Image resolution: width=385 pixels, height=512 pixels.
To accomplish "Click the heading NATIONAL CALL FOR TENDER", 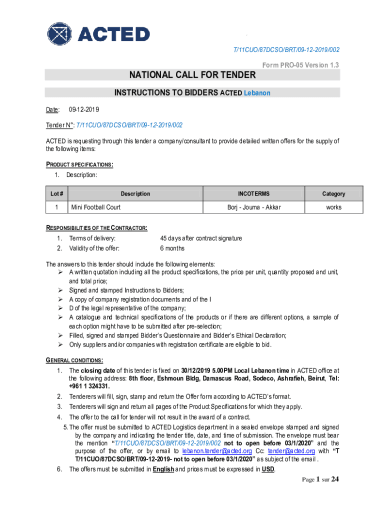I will pyautogui.click(x=192, y=75).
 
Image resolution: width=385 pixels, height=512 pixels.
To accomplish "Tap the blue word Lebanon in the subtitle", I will pyautogui.click(x=257, y=93).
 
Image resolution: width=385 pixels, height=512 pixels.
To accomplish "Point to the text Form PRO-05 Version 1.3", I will pyautogui.click(x=300, y=65).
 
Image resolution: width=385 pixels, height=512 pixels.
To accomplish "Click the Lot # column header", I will pyautogui.click(x=57, y=194).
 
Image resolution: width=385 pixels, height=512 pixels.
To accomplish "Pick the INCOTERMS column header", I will pyautogui.click(x=253, y=194).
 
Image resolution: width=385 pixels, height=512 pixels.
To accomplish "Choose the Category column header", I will pyautogui.click(x=333, y=194).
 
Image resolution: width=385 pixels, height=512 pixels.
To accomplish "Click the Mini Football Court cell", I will pyautogui.click(x=95, y=207).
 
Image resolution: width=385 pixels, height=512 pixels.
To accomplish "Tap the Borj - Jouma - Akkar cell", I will pyautogui.click(x=253, y=207).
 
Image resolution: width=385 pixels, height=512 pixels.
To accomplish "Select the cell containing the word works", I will pyautogui.click(x=333, y=207).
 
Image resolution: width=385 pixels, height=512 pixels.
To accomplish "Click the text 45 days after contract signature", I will pyautogui.click(x=201, y=238).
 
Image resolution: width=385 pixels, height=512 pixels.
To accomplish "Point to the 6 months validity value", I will pyautogui.click(x=172, y=248).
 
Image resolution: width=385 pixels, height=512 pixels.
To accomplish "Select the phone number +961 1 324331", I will pyautogui.click(x=89, y=386).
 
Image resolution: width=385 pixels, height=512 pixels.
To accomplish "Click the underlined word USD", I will pyautogui.click(x=268, y=469).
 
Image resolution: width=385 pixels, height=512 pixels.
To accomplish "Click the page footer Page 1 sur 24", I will pyautogui.click(x=320, y=480).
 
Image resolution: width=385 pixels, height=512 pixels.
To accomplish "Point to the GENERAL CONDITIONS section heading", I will pyautogui.click(x=74, y=360).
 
